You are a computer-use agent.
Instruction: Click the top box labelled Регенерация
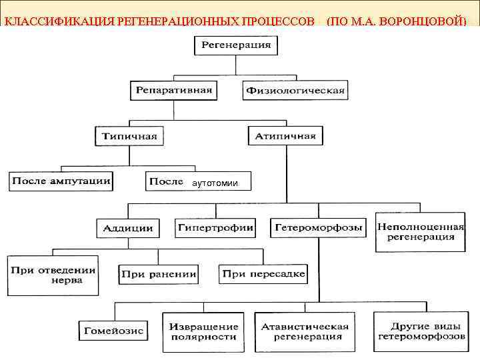tap(237, 45)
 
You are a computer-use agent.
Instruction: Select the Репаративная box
tap(173, 90)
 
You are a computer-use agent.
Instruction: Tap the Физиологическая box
tap(295, 90)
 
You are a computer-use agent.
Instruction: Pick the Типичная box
tap(129, 136)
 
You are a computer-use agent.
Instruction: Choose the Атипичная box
tap(285, 136)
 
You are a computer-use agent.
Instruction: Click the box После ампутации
tap(61, 181)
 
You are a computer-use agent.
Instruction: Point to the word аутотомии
tap(214, 183)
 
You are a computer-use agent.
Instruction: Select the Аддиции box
tap(128, 228)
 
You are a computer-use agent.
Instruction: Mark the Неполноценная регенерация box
tap(420, 231)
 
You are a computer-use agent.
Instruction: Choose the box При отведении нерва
tap(53, 275)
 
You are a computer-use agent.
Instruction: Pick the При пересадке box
tap(263, 273)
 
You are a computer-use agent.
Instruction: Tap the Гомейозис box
tap(113, 331)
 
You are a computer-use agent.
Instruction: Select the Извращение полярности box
tap(203, 332)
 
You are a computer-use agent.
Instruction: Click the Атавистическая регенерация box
tap(305, 332)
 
